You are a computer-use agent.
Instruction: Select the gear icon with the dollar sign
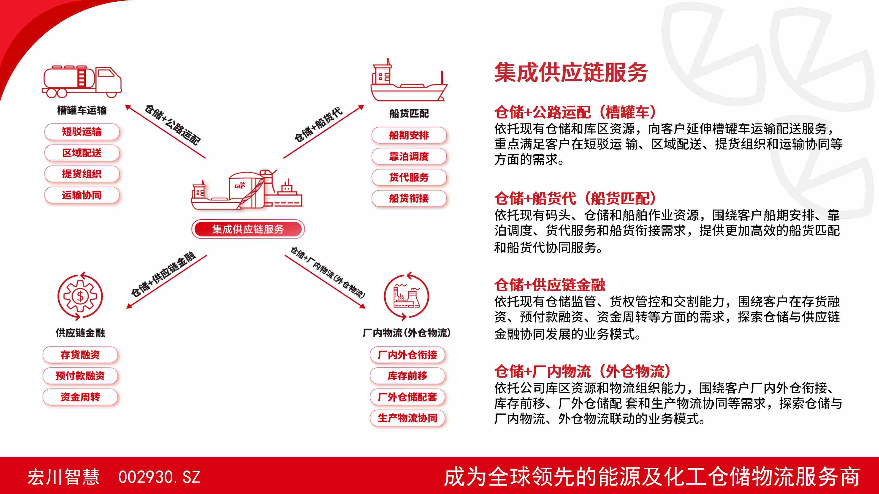[x=80, y=296]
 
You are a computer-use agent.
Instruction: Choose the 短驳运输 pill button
[x=82, y=132]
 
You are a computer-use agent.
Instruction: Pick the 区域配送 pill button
[x=82, y=153]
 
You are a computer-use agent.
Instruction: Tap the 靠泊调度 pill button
[x=409, y=156]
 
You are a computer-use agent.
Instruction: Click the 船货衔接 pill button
[x=409, y=198]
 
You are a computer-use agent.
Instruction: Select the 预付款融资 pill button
[x=80, y=376]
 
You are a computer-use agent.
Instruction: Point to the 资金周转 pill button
[x=80, y=397]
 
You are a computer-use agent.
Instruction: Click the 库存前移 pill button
[x=407, y=376]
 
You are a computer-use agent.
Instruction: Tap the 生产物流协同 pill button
[x=407, y=418]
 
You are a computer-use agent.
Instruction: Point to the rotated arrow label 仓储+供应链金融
[x=163, y=274]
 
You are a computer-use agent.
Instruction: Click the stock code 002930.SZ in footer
[x=159, y=477]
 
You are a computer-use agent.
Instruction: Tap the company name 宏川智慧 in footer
[x=63, y=477]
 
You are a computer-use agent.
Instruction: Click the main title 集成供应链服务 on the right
[x=571, y=72]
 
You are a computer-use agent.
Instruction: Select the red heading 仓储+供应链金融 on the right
[x=550, y=285]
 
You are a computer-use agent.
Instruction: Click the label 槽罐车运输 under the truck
[x=82, y=110]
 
